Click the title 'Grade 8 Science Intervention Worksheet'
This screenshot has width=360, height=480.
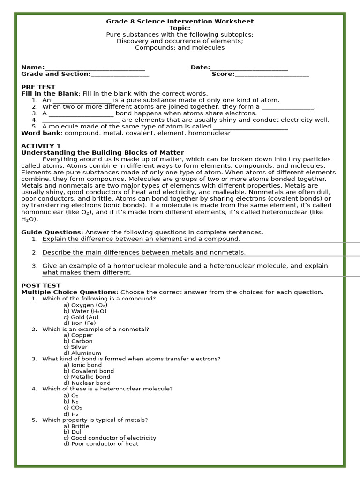coord(180,21)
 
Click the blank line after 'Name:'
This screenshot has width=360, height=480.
coord(95,68)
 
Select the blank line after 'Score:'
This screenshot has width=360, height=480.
coord(271,75)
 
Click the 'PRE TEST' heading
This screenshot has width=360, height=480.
coord(38,87)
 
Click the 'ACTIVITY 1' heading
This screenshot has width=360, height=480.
coord(41,146)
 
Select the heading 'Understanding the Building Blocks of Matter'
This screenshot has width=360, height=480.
coord(102,153)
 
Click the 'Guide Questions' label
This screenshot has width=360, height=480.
coord(51,232)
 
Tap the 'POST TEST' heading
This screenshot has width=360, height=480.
coord(41,285)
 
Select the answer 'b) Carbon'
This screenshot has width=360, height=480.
coord(78,341)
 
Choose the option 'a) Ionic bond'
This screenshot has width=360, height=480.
coord(82,365)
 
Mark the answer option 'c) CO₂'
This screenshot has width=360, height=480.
coord(73,408)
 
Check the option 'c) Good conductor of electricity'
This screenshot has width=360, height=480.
coord(110,438)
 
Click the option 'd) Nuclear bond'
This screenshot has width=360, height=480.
coord(85,383)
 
